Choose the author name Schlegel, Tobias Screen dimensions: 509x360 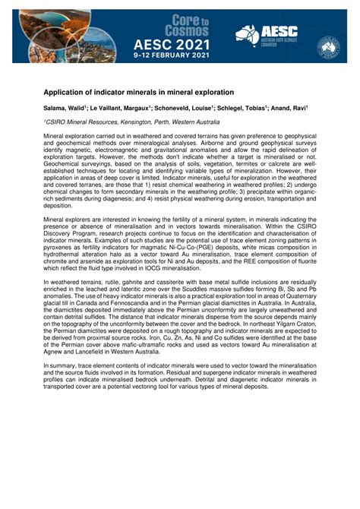coord(242,109)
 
